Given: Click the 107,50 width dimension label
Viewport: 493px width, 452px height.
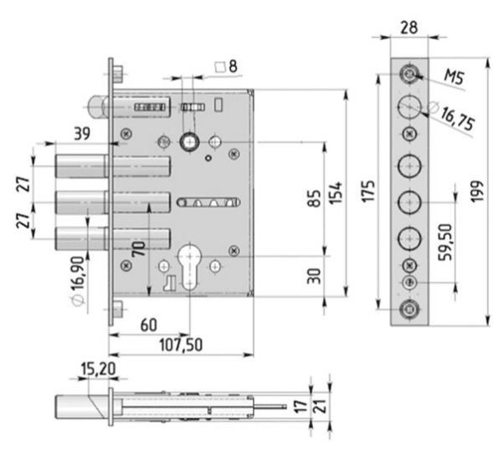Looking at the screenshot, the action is [181, 345].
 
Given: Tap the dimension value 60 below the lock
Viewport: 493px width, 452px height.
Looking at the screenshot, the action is [148, 325].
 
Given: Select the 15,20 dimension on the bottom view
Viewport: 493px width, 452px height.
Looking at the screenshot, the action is [99, 369].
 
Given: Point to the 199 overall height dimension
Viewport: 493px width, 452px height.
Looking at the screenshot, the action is [477, 192].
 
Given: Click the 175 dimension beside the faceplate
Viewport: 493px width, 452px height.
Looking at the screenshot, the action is [368, 191].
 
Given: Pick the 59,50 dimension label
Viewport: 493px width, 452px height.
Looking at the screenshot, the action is [445, 242].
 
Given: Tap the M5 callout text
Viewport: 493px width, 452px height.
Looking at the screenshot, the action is [454, 77].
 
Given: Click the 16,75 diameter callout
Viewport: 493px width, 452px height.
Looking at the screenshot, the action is [457, 119].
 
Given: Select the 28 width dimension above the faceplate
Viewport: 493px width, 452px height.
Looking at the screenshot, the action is [409, 28].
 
